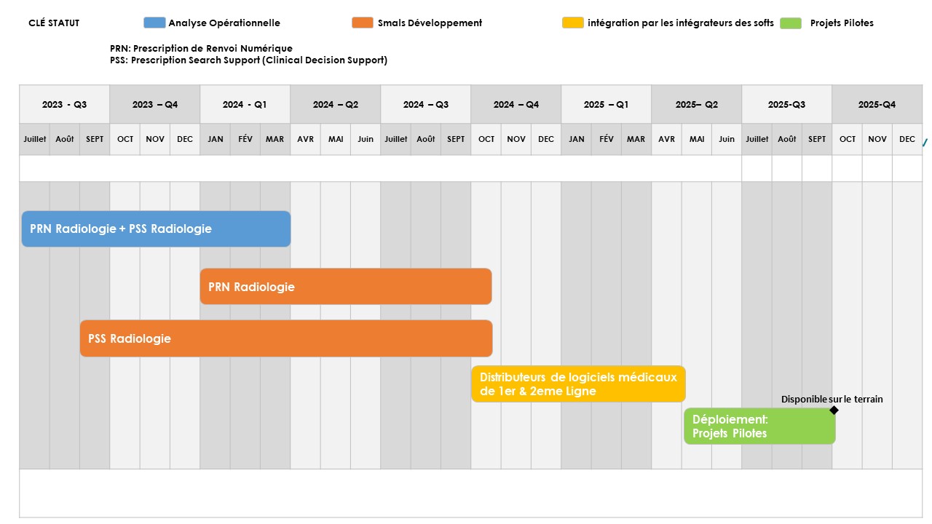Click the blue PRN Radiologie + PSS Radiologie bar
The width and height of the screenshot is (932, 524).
(x=156, y=229)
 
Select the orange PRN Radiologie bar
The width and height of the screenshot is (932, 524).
(x=346, y=287)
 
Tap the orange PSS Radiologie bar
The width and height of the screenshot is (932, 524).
(x=286, y=338)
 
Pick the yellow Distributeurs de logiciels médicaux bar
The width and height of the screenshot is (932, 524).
(x=578, y=384)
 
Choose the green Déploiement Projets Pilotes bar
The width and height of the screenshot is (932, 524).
(x=759, y=426)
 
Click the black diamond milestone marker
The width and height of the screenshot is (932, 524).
(x=834, y=410)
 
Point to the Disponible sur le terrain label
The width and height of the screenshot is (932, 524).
(x=832, y=400)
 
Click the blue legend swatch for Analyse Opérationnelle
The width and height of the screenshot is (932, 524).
(x=154, y=23)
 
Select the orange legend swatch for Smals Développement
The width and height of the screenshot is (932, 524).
(x=363, y=23)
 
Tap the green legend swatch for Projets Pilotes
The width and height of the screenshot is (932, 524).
(x=791, y=23)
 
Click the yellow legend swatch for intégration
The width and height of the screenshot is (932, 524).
(x=573, y=23)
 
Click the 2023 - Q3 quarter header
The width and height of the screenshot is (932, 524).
(x=65, y=104)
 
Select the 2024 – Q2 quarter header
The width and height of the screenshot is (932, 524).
(x=336, y=104)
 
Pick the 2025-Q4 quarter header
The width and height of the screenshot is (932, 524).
(x=877, y=104)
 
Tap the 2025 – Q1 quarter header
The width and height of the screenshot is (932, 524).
(x=607, y=104)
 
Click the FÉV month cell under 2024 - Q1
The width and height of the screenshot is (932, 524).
(x=245, y=139)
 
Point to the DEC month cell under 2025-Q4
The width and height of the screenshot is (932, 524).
(x=907, y=139)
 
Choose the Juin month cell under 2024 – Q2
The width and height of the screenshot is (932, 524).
(x=366, y=139)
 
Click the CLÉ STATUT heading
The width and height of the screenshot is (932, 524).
(x=54, y=23)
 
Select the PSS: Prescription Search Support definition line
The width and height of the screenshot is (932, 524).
(x=248, y=60)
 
